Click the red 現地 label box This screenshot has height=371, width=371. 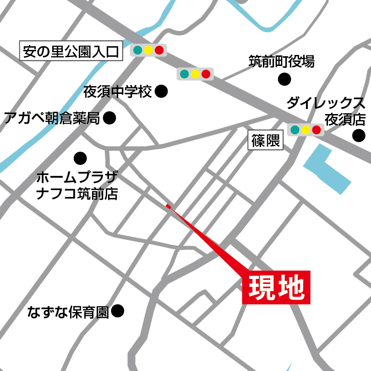(276, 287)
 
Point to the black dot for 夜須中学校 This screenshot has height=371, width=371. (161, 91)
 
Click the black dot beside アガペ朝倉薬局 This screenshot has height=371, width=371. (109, 119)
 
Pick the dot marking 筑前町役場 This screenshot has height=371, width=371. (284, 79)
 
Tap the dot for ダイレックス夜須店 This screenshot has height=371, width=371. (359, 135)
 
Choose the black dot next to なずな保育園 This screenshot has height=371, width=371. (118, 311)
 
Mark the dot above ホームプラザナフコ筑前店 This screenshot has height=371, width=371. (80, 158)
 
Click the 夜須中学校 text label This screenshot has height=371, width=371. (117, 92)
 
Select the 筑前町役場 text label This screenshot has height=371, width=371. (282, 61)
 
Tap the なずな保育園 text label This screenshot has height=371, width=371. (67, 312)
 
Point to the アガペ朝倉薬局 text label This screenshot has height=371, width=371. (51, 119)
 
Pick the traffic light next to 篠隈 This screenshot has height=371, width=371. (306, 130)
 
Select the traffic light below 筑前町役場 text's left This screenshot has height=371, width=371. (195, 74)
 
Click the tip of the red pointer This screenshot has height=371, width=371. (167, 206)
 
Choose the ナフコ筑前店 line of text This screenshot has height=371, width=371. (77, 194)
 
